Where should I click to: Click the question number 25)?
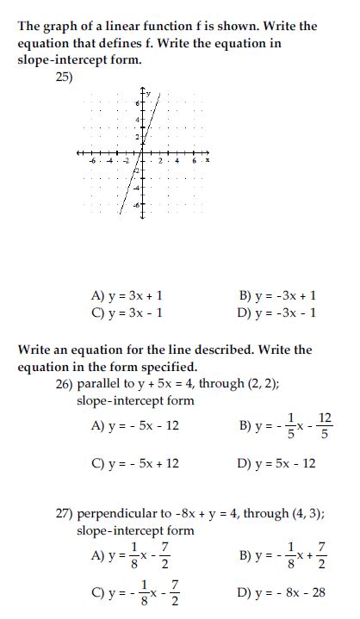64,76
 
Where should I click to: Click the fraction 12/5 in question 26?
325,424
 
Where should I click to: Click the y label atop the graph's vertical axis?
148,92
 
